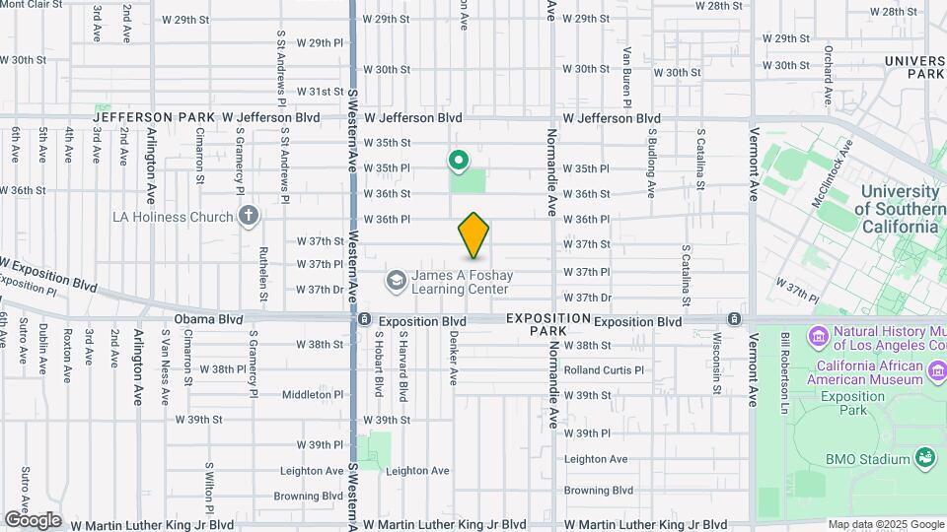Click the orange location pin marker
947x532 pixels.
pos(473,235)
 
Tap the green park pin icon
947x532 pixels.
pos(458,159)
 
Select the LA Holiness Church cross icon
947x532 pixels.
pos(249,216)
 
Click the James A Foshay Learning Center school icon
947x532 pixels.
pos(397,282)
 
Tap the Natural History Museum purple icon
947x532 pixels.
pos(819,338)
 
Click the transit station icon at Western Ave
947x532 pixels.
pos(364,320)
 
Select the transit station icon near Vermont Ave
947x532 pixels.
pos(734,320)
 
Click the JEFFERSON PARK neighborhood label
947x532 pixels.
pos(154,116)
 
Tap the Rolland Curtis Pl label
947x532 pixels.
pos(604,370)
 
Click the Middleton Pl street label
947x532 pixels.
pos(314,394)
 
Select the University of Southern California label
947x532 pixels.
pos(900,209)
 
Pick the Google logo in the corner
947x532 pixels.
pos(33,519)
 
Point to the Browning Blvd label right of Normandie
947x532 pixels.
pos(598,490)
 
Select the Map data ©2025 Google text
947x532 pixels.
pos(885,524)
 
